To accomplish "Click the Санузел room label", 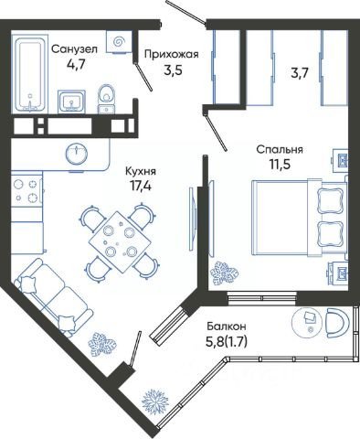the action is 74,49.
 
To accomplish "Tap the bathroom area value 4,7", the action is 75,64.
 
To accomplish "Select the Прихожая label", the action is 172,54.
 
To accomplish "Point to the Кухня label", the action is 141,171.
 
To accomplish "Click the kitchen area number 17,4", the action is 141,186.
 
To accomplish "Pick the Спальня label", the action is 280,150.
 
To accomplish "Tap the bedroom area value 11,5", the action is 280,165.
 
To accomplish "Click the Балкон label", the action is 227,327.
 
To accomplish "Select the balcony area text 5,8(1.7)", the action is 227,342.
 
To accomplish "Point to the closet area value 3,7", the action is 300,73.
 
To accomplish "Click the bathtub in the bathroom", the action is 30,73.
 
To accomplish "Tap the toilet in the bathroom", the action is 106,99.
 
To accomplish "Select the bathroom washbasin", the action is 71,101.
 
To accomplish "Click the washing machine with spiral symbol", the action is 119,41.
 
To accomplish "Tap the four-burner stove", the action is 26,191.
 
